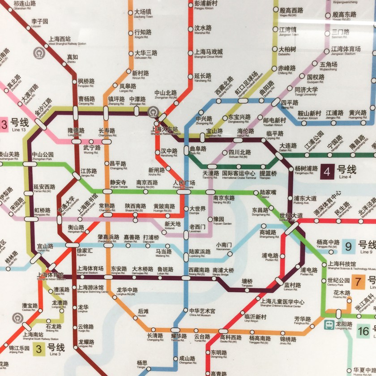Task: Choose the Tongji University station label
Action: (306, 91)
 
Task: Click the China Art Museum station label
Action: (202, 312)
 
